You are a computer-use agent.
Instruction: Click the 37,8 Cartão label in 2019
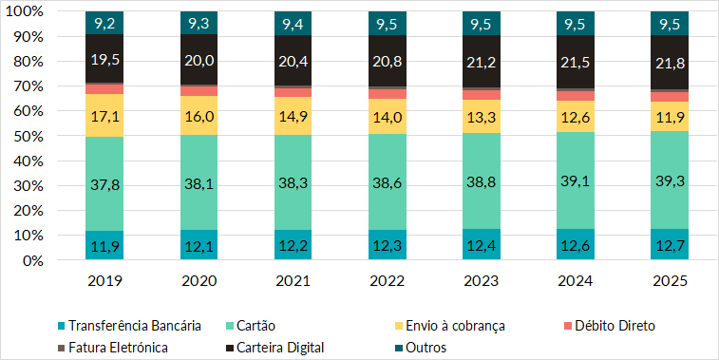coord(104,184)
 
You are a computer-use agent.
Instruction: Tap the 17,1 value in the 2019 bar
coord(104,115)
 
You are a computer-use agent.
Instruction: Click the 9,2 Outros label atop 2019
coord(104,21)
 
